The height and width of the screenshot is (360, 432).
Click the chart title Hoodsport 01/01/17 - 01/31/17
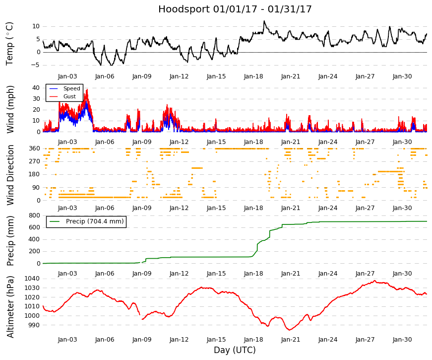(235, 9)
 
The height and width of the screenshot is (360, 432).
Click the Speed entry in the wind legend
(71, 88)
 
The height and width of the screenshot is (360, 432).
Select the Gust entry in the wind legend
(69, 96)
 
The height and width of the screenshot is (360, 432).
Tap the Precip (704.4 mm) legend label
(95, 221)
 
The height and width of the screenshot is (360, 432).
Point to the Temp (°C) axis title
(9, 44)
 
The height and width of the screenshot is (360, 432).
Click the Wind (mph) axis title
(10, 109)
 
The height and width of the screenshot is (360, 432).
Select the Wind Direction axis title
(10, 175)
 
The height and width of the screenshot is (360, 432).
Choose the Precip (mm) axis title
(10, 241)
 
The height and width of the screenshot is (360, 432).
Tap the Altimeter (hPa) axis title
(10, 306)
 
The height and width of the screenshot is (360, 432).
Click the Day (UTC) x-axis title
(235, 350)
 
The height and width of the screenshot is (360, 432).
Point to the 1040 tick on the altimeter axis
(32, 279)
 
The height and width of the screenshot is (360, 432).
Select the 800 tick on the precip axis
(34, 216)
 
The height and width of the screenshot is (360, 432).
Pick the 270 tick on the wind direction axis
(34, 161)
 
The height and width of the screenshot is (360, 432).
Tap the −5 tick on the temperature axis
(35, 66)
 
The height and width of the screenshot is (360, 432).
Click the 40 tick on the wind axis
(36, 88)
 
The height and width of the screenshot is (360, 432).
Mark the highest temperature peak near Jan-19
(264, 21)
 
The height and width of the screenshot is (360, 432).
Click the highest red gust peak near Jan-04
(87, 90)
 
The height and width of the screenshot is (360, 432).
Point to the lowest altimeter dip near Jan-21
(289, 330)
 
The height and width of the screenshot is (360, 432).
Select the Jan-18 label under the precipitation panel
(253, 274)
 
